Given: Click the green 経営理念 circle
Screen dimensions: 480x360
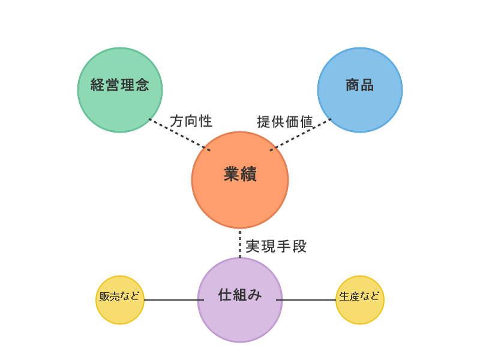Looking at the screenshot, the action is (x=120, y=90).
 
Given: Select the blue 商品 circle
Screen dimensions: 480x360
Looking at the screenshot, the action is (x=360, y=90).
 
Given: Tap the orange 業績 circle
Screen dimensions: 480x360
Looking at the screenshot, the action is (x=240, y=180).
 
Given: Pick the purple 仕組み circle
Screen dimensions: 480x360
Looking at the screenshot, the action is (x=240, y=300).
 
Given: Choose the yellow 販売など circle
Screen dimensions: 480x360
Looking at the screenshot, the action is (x=120, y=300).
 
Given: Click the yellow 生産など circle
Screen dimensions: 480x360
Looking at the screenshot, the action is (x=360, y=300).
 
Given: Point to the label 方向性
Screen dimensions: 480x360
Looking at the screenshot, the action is (x=191, y=121).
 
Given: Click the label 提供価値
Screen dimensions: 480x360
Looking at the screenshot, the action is (x=285, y=122).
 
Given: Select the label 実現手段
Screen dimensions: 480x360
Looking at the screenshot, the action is (x=276, y=247).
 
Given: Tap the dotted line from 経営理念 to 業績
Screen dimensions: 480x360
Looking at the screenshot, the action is (x=179, y=134).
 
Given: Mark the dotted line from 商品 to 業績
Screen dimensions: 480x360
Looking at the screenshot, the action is (x=301, y=134).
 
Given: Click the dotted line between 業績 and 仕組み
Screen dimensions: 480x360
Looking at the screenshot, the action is (x=240, y=244).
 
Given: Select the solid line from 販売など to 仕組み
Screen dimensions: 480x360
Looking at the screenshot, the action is (x=174, y=300).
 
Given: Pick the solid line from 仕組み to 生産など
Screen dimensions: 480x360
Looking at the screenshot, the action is (x=306, y=300).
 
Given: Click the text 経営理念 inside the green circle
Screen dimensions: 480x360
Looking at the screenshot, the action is (x=120, y=85).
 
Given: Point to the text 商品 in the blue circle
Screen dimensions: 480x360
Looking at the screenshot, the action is (x=360, y=85).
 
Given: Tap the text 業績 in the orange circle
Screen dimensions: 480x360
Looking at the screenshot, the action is (x=240, y=174).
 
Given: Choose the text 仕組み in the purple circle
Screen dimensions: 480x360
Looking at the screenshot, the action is (x=240, y=295).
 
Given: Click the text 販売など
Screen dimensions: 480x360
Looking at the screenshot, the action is (x=119, y=296).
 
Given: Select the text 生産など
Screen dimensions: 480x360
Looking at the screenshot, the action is (x=359, y=296).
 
